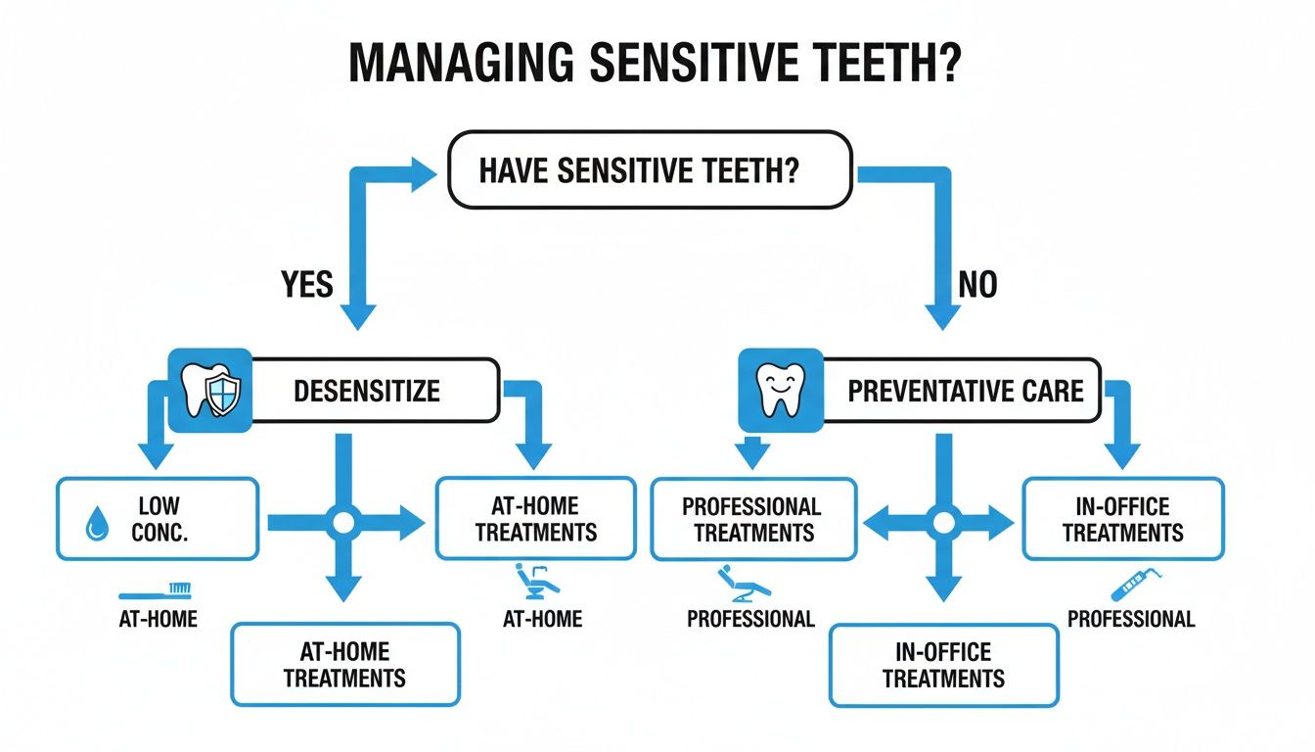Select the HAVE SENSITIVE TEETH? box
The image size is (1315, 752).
650,169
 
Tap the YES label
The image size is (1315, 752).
306,285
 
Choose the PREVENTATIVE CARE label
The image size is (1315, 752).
965,392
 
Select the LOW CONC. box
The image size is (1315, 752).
158,519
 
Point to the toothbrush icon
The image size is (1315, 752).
156,590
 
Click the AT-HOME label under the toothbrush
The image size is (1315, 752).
156,619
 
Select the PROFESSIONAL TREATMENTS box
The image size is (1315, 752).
751,519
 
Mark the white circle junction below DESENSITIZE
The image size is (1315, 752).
343,524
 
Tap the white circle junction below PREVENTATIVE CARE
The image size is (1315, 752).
943,524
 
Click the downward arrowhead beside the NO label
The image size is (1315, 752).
942,315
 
